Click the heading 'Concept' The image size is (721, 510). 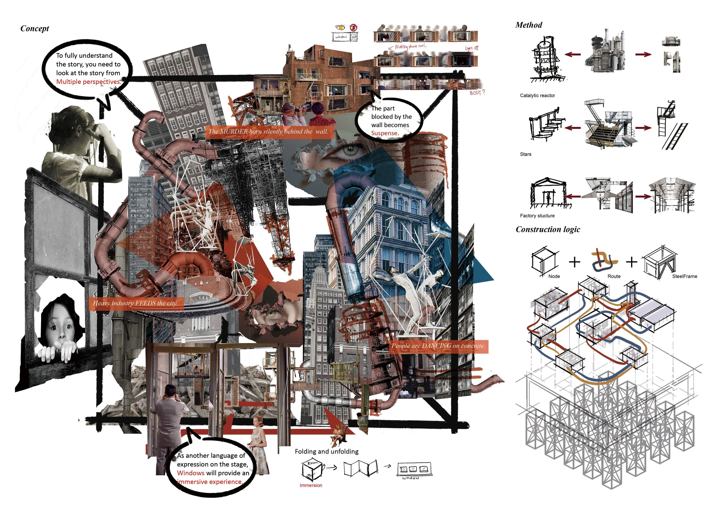[35, 29]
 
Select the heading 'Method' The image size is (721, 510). [529, 25]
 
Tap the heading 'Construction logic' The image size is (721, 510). [548, 229]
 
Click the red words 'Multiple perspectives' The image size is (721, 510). [88, 82]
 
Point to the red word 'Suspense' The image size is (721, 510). [384, 133]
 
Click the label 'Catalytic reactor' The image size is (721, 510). [537, 95]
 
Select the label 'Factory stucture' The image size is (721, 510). [537, 216]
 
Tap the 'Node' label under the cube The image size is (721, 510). [554, 276]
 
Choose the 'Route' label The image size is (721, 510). [614, 276]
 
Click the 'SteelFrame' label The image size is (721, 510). [685, 276]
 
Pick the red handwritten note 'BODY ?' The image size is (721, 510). [477, 93]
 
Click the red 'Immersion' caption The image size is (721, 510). [311, 485]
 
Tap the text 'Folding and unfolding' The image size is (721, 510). [326, 452]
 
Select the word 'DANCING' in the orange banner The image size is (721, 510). [437, 346]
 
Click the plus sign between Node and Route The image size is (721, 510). [574, 262]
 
